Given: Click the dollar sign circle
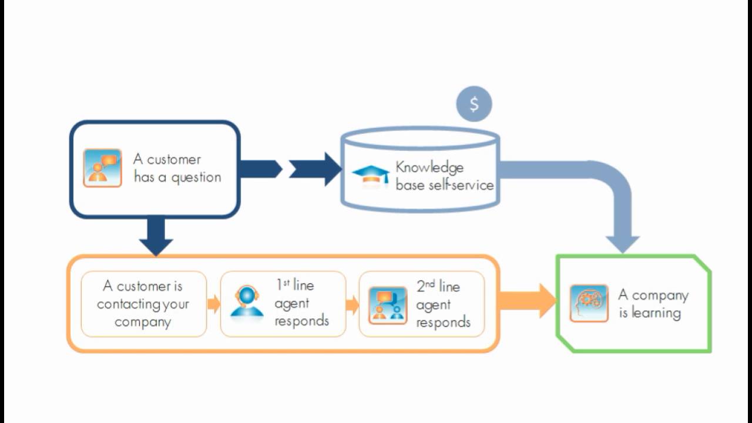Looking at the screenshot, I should (x=474, y=104).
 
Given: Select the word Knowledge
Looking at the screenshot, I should (x=429, y=167).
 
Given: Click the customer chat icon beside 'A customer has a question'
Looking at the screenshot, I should (x=102, y=168).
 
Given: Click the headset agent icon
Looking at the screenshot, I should (x=247, y=301).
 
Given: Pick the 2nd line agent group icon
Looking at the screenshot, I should (x=388, y=305).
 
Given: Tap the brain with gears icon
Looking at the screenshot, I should (x=589, y=303).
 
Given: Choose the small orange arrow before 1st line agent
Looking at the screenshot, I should (x=214, y=304).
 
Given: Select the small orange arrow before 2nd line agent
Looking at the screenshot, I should (x=352, y=305).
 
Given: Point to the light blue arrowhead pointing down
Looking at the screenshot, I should (x=622, y=243).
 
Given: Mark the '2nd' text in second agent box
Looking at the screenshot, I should (x=426, y=286).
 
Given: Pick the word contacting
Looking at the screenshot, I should (x=129, y=304).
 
